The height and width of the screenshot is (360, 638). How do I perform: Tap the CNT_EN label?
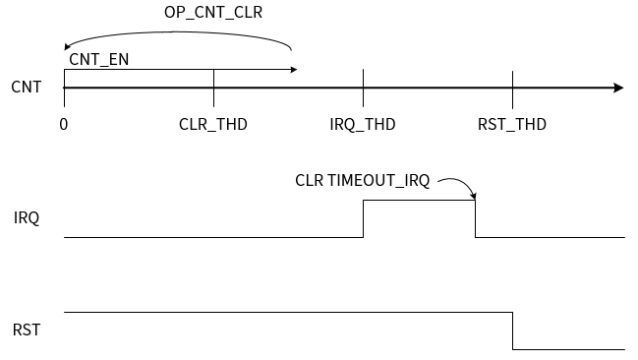[99, 59]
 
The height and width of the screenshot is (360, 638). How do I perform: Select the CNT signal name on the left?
[27, 88]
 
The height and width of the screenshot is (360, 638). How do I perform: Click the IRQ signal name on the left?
[27, 217]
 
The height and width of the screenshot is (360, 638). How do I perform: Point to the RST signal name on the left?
[27, 330]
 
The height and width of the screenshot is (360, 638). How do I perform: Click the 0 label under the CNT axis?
[64, 125]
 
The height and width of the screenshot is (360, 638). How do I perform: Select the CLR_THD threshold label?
[213, 125]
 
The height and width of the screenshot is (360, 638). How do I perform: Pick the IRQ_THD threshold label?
[363, 125]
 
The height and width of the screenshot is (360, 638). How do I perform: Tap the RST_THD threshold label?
[512, 125]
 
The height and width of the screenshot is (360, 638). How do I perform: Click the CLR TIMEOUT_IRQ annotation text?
[362, 181]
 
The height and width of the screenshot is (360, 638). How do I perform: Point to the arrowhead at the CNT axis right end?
[618, 88]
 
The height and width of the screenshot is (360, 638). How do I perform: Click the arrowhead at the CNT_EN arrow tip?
[292, 70]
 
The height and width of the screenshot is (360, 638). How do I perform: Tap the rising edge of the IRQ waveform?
[364, 218]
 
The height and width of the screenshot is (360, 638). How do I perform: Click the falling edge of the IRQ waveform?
[476, 218]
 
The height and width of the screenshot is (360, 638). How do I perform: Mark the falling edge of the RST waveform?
[513, 330]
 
